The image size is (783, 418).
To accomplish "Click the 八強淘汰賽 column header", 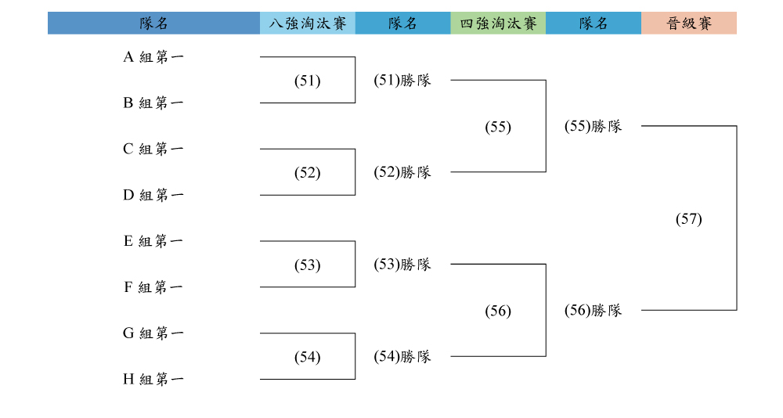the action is pyautogui.click(x=308, y=23).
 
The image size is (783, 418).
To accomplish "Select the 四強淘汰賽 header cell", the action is pyautogui.click(x=498, y=23).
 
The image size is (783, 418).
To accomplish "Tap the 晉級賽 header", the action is pyautogui.click(x=689, y=23).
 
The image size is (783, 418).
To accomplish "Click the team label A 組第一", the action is pyautogui.click(x=153, y=57).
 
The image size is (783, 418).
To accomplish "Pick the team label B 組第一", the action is pyautogui.click(x=153, y=103).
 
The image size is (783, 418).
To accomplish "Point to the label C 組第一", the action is pyautogui.click(x=153, y=149).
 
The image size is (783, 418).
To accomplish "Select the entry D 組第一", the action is pyautogui.click(x=153, y=195).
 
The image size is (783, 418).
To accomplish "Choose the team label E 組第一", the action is pyautogui.click(x=153, y=241).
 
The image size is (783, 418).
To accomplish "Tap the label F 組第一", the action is pyautogui.click(x=153, y=287).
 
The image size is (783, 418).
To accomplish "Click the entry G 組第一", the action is pyautogui.click(x=153, y=333).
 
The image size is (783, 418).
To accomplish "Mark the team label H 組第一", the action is pyautogui.click(x=153, y=379).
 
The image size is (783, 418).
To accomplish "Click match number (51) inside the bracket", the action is pyautogui.click(x=308, y=81).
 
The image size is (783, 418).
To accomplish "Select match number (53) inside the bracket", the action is pyautogui.click(x=308, y=265).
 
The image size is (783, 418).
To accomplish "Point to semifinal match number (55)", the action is pyautogui.click(x=498, y=126).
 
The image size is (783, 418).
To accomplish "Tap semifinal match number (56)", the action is pyautogui.click(x=498, y=311).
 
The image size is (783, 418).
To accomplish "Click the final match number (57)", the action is pyautogui.click(x=689, y=218).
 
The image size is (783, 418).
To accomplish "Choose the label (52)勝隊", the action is pyautogui.click(x=402, y=172).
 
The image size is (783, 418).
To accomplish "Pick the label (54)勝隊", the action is pyautogui.click(x=402, y=357).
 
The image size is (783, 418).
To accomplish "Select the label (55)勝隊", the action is pyautogui.click(x=594, y=126).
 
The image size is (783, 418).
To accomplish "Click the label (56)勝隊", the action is pyautogui.click(x=594, y=310).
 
